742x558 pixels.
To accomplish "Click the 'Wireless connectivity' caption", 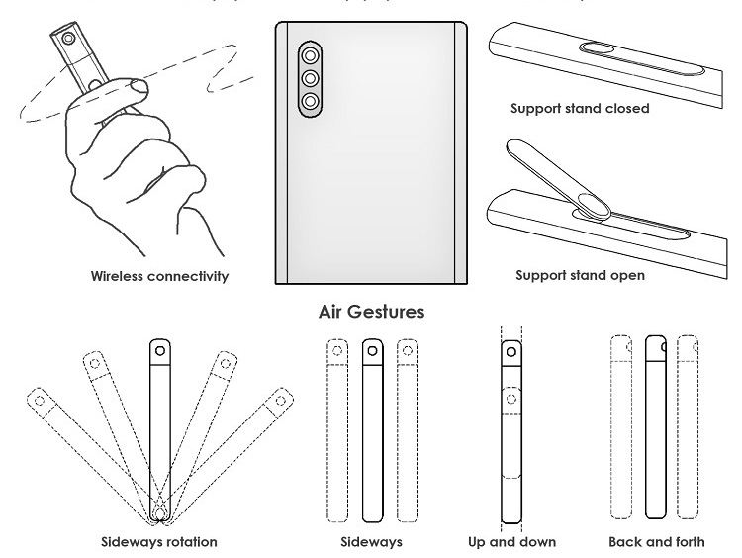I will coord(159,276).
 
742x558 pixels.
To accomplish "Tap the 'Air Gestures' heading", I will coord(371,312).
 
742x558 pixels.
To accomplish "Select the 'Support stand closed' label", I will coord(580,108).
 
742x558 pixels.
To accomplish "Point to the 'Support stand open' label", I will coord(580,275).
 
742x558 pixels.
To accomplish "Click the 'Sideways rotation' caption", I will coord(159,542).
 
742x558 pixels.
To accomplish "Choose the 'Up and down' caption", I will coord(511,542).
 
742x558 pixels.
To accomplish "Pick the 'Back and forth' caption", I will coord(656,542).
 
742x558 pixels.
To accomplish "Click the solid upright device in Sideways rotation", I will coord(159,425).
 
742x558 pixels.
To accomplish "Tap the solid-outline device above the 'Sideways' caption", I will coord(371,430).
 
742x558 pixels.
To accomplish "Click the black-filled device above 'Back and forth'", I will coord(656,425).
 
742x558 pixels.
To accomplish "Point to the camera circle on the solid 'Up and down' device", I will coord(511,350).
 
